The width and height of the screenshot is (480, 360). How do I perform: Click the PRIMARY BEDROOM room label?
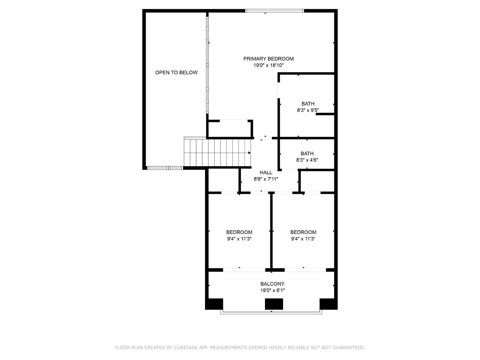(x=268, y=59)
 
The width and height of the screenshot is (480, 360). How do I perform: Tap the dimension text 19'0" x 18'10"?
(x=268, y=65)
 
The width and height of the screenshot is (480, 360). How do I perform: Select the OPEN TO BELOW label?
(x=176, y=72)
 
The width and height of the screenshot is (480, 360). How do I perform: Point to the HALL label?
(x=266, y=172)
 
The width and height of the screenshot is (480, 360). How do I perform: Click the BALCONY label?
(x=272, y=284)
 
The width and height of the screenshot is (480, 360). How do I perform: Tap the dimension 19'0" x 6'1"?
(x=272, y=290)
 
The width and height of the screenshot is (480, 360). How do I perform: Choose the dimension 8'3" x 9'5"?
(x=308, y=110)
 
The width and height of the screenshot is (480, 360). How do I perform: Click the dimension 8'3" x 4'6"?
(x=307, y=160)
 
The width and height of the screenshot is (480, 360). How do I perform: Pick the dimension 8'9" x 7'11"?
(x=266, y=179)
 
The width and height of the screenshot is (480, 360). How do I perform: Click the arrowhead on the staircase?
(x=249, y=153)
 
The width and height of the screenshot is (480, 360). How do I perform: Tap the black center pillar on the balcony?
(x=274, y=304)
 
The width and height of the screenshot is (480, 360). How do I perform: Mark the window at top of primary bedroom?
(x=275, y=11)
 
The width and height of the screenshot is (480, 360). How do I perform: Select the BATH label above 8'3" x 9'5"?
(x=308, y=104)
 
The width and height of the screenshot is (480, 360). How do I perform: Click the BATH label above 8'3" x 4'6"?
(x=307, y=154)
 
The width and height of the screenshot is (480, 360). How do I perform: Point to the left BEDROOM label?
(x=239, y=232)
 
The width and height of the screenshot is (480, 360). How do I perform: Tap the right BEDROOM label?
(x=303, y=232)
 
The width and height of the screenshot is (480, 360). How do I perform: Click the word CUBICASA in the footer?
(x=186, y=348)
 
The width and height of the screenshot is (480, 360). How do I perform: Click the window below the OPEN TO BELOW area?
(x=165, y=168)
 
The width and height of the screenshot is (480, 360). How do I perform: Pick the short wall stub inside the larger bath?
(x=325, y=114)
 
